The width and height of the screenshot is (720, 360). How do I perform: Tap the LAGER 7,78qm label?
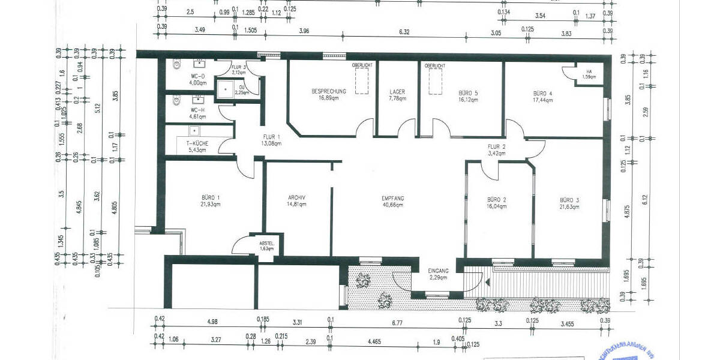397,95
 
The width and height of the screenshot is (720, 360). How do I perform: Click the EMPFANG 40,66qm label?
393,202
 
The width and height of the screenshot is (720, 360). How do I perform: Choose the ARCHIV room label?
296,200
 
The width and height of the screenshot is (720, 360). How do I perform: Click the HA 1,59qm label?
589,74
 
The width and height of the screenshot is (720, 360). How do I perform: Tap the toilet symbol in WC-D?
175,64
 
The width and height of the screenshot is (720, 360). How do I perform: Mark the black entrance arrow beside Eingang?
488,281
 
